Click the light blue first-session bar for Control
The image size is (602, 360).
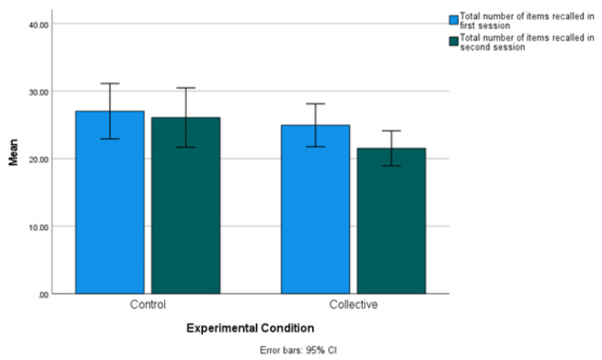110,202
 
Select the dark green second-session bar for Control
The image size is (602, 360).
186,206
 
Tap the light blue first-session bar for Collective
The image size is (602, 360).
316,209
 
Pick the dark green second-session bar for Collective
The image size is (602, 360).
392,221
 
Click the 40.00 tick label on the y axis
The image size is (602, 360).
39,25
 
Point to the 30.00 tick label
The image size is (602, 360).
39,92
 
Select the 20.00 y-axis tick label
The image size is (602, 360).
39,160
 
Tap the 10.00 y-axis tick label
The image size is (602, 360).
39,227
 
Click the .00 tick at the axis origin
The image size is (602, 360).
43,295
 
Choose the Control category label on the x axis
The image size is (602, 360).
148,305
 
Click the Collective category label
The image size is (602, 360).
354,305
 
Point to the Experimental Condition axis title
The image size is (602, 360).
250,328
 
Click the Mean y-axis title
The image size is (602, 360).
14,152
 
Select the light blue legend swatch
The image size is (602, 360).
454,20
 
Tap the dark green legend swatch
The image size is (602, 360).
454,41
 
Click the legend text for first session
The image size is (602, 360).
527,21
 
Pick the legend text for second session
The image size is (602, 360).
527,43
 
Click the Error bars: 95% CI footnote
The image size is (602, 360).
298,350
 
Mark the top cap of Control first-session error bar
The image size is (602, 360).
111,83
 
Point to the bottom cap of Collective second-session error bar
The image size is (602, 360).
392,166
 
